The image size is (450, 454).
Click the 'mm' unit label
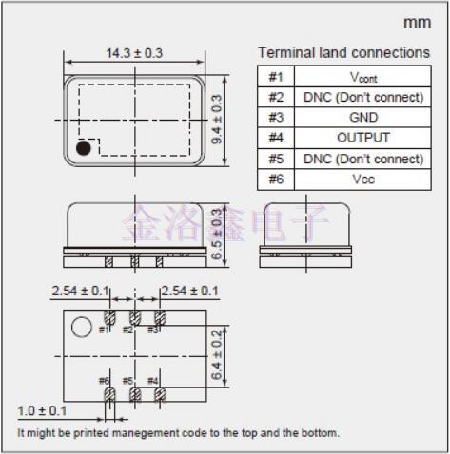point(417,22)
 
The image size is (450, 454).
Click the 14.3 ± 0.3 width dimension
point(134,53)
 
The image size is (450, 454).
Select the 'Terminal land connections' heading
point(343,52)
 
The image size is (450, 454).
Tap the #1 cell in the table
point(276,77)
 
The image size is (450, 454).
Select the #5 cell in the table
point(276,159)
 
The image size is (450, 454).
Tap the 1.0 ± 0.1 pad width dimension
point(42,410)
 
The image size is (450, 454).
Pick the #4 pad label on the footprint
point(153,381)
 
